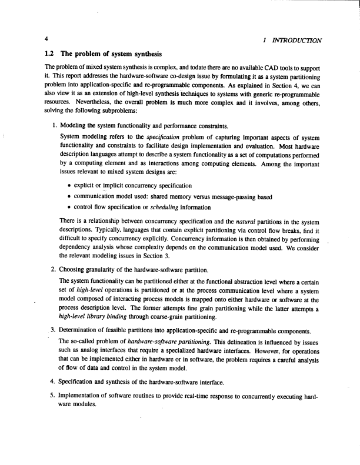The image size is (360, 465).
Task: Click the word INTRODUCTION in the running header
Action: tap(295, 40)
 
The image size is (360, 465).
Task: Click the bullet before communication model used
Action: tap(70, 197)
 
